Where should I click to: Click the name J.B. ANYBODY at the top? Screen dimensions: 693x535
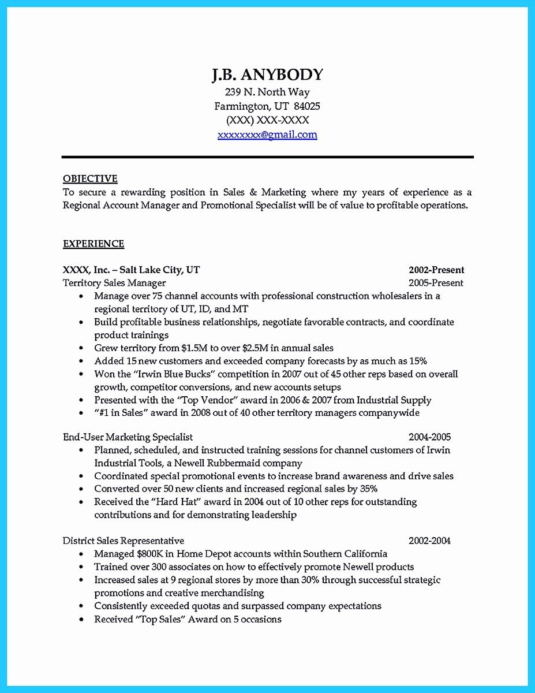(x=267, y=75)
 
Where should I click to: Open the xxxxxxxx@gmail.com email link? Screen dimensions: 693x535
(x=267, y=135)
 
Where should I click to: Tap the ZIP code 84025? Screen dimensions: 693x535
(x=307, y=106)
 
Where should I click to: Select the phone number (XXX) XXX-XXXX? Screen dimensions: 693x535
(x=267, y=120)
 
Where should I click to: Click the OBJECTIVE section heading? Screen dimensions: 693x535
(x=90, y=179)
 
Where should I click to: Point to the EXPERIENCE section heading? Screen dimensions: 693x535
(x=93, y=244)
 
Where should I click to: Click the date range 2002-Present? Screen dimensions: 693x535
(x=436, y=270)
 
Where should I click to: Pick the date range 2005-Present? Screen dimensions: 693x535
(x=436, y=283)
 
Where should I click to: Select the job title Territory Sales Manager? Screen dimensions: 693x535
(x=114, y=283)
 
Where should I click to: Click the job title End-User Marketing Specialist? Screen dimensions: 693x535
(x=128, y=437)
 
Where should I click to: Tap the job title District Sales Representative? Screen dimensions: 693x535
(x=124, y=541)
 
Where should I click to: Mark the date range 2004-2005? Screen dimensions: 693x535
(x=429, y=437)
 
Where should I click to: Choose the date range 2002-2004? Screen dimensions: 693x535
(x=429, y=541)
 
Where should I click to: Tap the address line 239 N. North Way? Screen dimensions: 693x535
(x=267, y=92)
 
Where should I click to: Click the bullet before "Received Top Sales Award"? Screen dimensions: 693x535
(x=81, y=620)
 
